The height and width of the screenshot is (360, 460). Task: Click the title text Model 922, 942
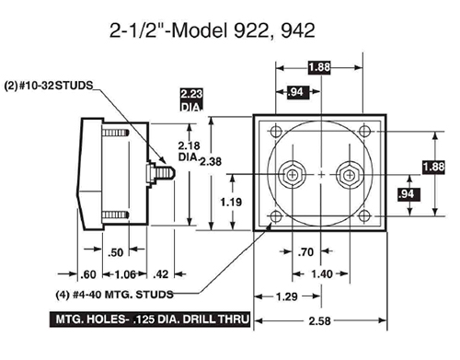point(243,30)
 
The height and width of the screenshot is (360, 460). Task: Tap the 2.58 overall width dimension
point(319,321)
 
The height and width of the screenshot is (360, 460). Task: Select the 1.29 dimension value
point(287,296)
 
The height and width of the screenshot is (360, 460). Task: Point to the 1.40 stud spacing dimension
point(322,273)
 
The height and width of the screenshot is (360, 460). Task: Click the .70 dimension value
point(305,252)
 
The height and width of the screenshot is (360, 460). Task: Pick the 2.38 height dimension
point(211,161)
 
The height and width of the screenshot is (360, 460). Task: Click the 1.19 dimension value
point(231,202)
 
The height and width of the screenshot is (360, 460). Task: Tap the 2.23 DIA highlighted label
point(191,100)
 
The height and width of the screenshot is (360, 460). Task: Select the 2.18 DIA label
point(189,151)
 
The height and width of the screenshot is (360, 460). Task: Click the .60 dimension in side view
point(88,274)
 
